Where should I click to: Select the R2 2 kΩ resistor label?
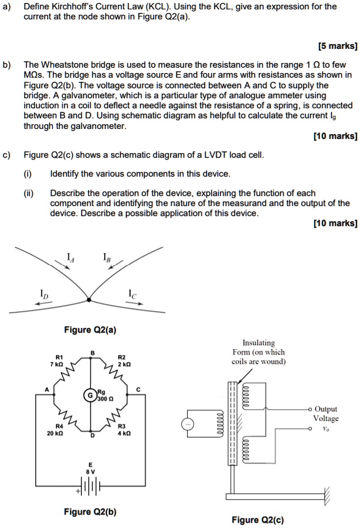[122, 361]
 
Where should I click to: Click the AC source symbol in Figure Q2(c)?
[189, 424]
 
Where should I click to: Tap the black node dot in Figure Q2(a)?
[88, 300]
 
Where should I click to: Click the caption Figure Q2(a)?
[89, 330]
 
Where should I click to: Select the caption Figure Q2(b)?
[89, 512]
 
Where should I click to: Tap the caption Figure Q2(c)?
[257, 520]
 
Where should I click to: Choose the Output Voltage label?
[326, 413]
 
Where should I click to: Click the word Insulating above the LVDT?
[258, 343]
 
